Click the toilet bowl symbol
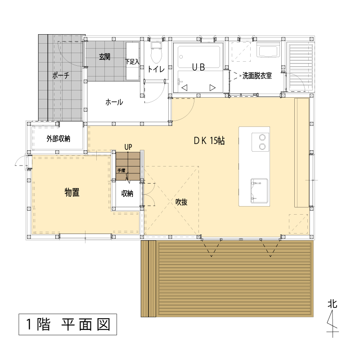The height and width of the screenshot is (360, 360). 156,53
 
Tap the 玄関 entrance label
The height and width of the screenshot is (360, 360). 105,57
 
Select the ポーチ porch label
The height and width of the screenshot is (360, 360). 61,75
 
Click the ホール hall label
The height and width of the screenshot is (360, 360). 114,102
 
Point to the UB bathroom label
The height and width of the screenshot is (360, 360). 198,67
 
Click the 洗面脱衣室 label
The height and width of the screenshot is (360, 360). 257,76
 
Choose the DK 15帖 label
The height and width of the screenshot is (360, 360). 209,141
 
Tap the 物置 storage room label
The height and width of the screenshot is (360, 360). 72,193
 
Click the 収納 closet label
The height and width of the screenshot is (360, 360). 127,193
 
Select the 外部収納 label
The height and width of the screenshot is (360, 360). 58,139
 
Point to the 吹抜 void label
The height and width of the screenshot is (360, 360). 181,202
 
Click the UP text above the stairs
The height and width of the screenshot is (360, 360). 128,147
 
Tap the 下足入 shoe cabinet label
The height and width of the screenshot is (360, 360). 132,62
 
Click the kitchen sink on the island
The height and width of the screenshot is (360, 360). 260,191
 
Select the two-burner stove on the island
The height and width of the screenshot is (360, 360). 261,142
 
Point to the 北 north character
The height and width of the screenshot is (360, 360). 333,304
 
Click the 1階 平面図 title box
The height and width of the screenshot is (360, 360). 68,324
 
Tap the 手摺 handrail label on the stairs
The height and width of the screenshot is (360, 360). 121,171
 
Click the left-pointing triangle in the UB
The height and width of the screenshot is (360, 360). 184,88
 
